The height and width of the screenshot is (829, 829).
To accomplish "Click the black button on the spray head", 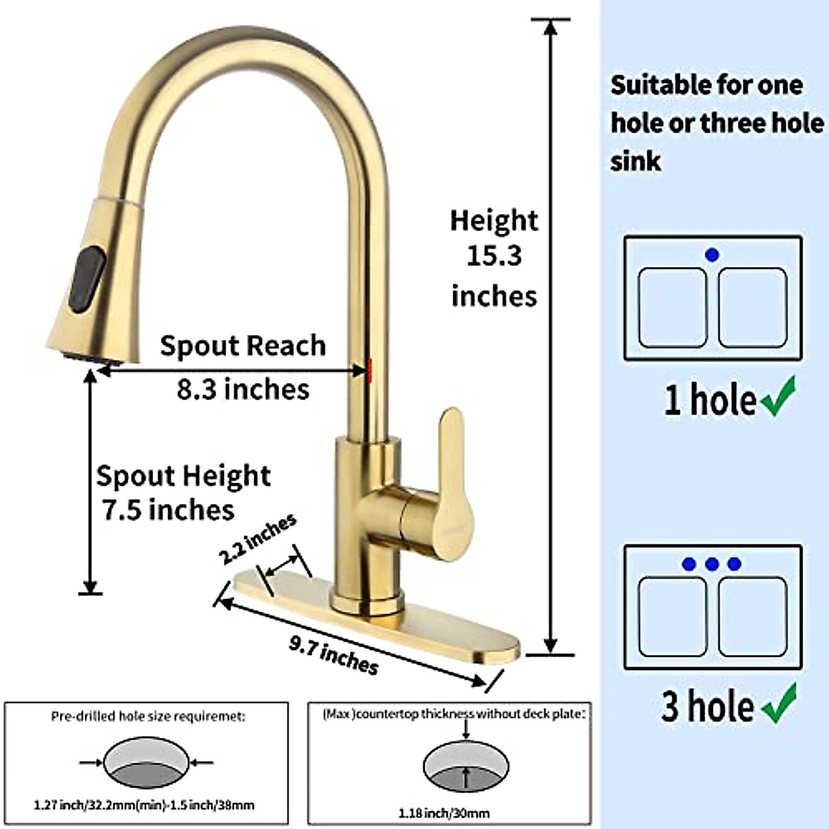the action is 88,279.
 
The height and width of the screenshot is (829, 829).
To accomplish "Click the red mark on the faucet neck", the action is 370,370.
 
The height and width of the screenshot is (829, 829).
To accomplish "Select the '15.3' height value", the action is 494,256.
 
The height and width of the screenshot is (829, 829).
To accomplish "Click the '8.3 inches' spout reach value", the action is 243,390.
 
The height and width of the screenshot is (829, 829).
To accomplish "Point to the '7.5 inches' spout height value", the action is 169,511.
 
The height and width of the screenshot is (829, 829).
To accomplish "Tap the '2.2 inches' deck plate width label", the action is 258,539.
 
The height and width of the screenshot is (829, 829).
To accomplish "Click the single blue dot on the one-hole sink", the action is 712,255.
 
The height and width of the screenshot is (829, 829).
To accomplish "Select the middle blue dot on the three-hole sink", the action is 712,564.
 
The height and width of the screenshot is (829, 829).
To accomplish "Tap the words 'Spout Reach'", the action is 243,346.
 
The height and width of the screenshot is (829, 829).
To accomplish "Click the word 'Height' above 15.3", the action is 494,220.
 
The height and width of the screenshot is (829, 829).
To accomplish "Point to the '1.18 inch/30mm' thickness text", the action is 444,813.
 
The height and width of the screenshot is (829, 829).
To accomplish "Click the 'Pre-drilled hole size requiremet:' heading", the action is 148,716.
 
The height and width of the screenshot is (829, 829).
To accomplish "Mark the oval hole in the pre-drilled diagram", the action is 146,763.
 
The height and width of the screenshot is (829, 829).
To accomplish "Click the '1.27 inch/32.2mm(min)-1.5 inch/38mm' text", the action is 144,805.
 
